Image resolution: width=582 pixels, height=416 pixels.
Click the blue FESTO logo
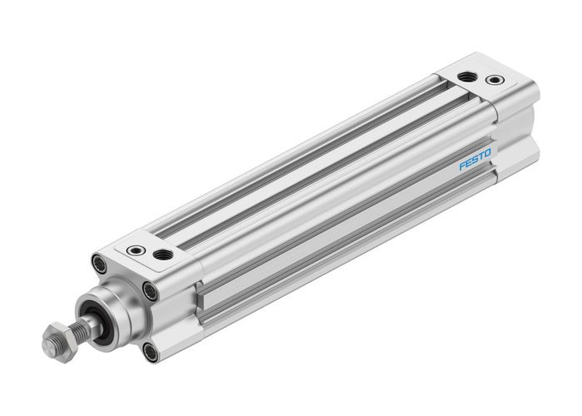475,159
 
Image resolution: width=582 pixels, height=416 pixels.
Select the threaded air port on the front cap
164,254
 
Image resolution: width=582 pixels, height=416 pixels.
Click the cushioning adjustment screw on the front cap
136,250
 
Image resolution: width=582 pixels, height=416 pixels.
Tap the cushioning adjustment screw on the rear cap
496,81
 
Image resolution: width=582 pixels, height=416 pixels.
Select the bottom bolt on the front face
150,352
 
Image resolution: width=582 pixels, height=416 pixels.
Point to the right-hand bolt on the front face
150,291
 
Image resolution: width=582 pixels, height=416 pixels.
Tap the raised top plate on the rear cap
482,75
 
